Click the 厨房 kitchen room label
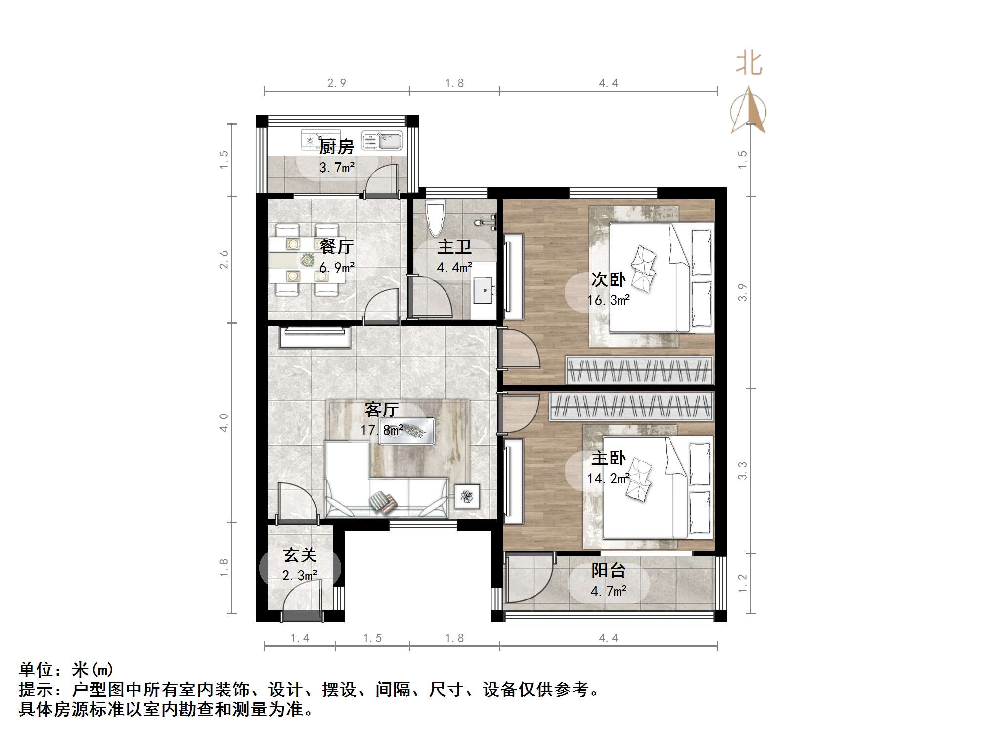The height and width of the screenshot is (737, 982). click(x=336, y=147)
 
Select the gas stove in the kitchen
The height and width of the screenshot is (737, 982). click(x=320, y=140)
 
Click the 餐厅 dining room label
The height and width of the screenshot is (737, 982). click(x=336, y=246)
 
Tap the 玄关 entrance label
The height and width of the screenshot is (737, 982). click(x=300, y=555)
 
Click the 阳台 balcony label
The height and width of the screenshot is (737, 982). click(x=608, y=570)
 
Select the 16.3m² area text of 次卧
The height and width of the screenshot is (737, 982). click(x=609, y=300)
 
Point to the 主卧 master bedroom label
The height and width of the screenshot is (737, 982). click(x=609, y=458)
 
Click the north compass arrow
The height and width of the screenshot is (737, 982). click(x=749, y=109)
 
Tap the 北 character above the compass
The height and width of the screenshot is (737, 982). click(x=749, y=64)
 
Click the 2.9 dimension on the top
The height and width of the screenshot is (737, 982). click(x=337, y=83)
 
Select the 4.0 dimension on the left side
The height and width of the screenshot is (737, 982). click(x=224, y=422)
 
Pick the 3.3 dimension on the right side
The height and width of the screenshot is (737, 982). click(x=742, y=470)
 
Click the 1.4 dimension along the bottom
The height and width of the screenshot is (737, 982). click(x=300, y=638)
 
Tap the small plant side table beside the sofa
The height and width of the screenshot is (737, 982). click(x=467, y=496)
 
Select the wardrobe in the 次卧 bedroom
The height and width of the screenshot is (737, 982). click(x=639, y=370)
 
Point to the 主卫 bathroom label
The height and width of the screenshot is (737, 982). click(x=454, y=247)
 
